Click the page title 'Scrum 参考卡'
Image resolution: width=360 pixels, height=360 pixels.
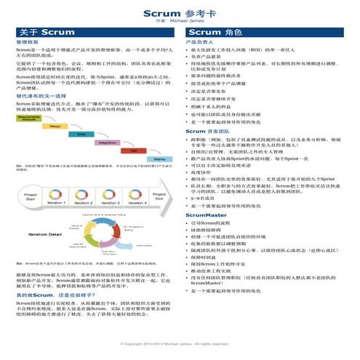(x=180, y=13)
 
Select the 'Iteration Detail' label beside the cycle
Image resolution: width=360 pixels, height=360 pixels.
(x=45, y=235)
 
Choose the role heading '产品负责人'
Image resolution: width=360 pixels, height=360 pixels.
(x=201, y=44)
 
